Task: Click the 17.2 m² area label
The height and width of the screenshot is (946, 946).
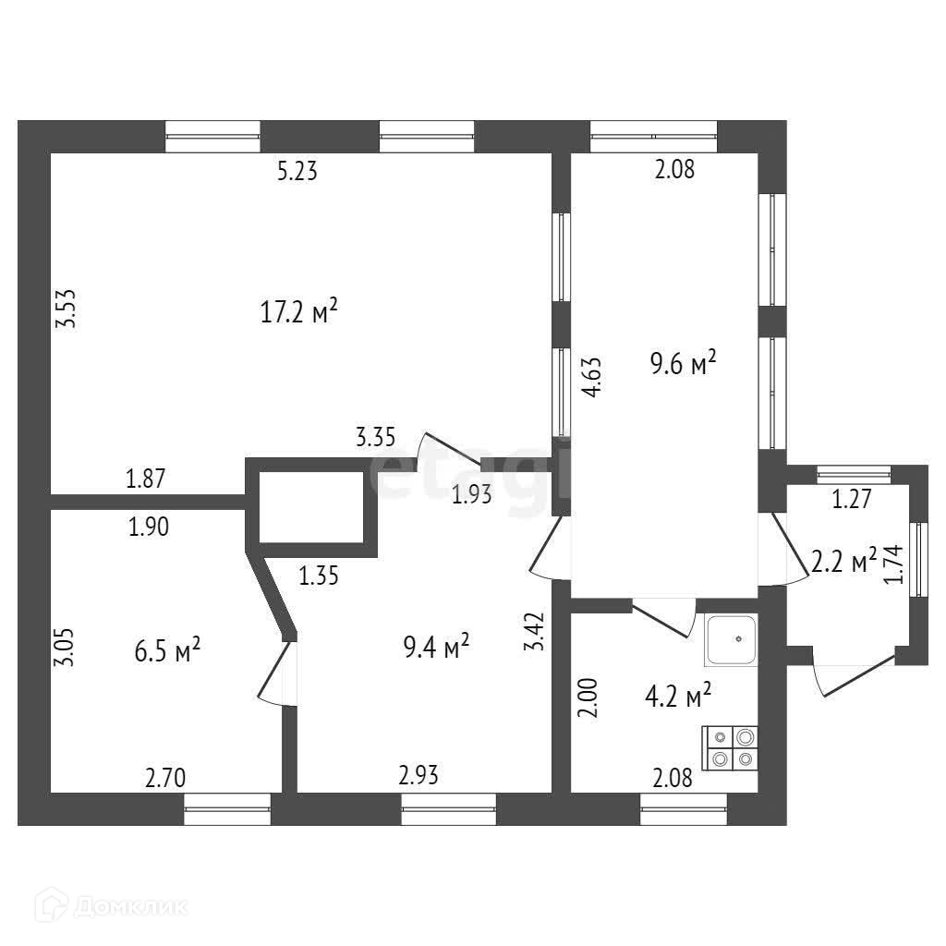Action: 298,313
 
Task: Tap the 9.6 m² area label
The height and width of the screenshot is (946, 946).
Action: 684,363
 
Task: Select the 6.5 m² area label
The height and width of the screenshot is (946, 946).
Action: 167,652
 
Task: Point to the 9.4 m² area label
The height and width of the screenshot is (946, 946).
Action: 435,646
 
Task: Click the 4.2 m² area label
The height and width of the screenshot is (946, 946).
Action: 677,694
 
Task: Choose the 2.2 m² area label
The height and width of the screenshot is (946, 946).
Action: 843,561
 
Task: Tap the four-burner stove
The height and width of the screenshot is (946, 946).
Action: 732,747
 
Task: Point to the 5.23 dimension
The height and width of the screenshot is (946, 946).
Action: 297,171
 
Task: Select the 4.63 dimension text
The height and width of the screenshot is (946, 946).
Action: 593,377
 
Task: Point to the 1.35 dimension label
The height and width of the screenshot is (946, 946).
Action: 319,577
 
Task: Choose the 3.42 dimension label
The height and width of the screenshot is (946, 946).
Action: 534,632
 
